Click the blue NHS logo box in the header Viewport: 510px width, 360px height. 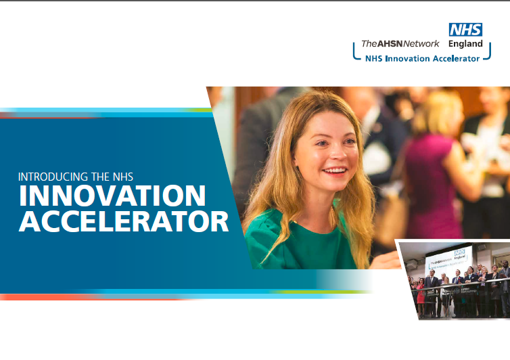coord(465,29)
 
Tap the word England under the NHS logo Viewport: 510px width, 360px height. coord(465,43)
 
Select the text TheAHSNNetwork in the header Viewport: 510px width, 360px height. coord(400,43)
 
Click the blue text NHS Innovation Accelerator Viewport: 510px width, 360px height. coord(422,58)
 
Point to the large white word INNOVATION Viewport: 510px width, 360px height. coord(112,197)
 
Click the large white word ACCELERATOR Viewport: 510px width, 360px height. coord(124,222)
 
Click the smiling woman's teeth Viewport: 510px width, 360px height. coord(334,171)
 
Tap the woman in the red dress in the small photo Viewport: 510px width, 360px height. coord(420,292)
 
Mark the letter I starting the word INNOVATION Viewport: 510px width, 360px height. coord(22,197)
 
